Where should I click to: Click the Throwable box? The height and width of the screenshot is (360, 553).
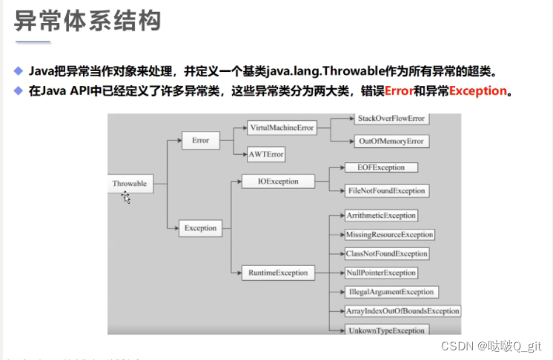130,183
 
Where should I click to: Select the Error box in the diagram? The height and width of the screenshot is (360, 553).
200,139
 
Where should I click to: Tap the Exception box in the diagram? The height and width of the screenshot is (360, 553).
200,228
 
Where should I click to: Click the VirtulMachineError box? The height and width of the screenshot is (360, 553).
281,127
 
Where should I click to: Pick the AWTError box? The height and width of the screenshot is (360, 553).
267,155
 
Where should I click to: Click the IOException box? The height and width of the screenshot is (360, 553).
278,181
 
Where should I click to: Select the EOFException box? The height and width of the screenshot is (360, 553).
381,168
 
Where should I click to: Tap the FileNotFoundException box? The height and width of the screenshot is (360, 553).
386,190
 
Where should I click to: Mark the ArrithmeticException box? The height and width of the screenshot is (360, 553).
381,216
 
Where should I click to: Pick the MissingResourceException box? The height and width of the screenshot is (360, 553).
389,235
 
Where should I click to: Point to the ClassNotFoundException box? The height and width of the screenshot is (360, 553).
386,254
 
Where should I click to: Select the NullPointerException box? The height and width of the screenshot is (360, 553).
381,273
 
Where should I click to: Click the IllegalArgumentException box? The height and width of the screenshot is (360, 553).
390,293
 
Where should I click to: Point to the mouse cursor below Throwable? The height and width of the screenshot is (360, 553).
126,197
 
